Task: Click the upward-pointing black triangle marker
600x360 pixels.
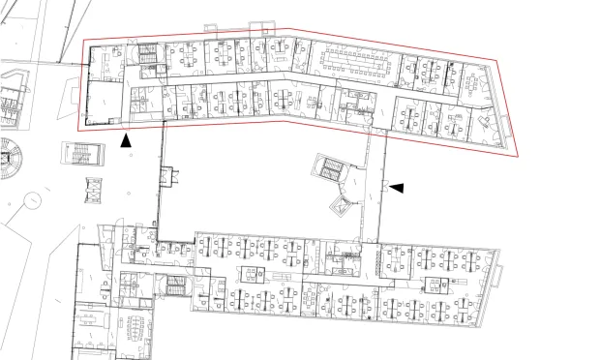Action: coord(125,140)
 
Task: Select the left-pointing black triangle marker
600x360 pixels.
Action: coord(397,187)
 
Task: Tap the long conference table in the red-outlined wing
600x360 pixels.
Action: coord(355,59)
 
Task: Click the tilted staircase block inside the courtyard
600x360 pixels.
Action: coord(332,170)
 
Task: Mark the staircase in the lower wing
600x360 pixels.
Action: coord(174,286)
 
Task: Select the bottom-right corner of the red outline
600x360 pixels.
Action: coord(516,156)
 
